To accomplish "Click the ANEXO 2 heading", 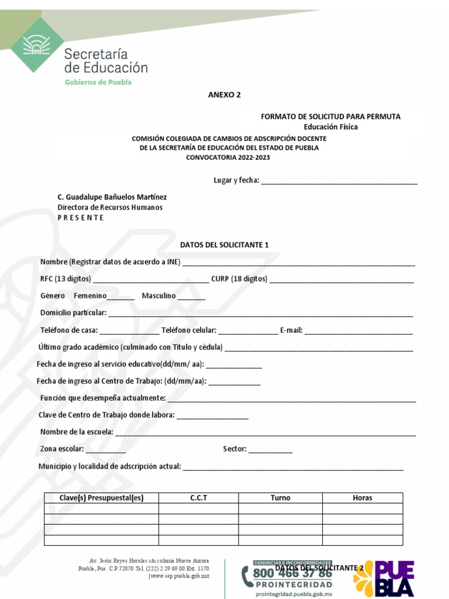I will click(224, 95).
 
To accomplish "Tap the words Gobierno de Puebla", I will click(98, 82).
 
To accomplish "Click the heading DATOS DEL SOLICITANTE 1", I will click(224, 245).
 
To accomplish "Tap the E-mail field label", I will click(291, 331).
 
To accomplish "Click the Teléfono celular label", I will click(189, 331).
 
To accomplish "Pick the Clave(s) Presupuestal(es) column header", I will click(101, 498).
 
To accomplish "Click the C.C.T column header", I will click(199, 498).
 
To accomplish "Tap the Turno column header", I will click(280, 498).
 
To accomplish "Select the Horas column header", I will click(362, 498).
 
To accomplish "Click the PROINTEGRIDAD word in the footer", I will click(293, 584).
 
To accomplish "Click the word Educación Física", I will click(330, 127).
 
